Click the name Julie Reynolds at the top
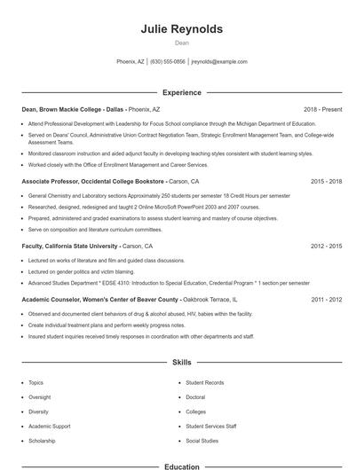[x=181, y=29]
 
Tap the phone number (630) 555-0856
[x=168, y=62]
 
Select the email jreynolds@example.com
[x=219, y=62]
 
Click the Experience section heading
[x=181, y=92]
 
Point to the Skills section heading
[x=181, y=363]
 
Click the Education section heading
[x=181, y=466]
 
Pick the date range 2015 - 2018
[x=326, y=181]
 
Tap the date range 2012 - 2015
[x=326, y=246]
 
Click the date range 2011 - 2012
[x=326, y=301]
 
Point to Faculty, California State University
[x=69, y=246]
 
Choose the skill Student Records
[x=204, y=383]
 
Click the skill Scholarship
[x=42, y=441]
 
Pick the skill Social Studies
[x=202, y=441]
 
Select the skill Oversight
[x=40, y=397]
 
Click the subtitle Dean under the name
[x=181, y=42]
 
